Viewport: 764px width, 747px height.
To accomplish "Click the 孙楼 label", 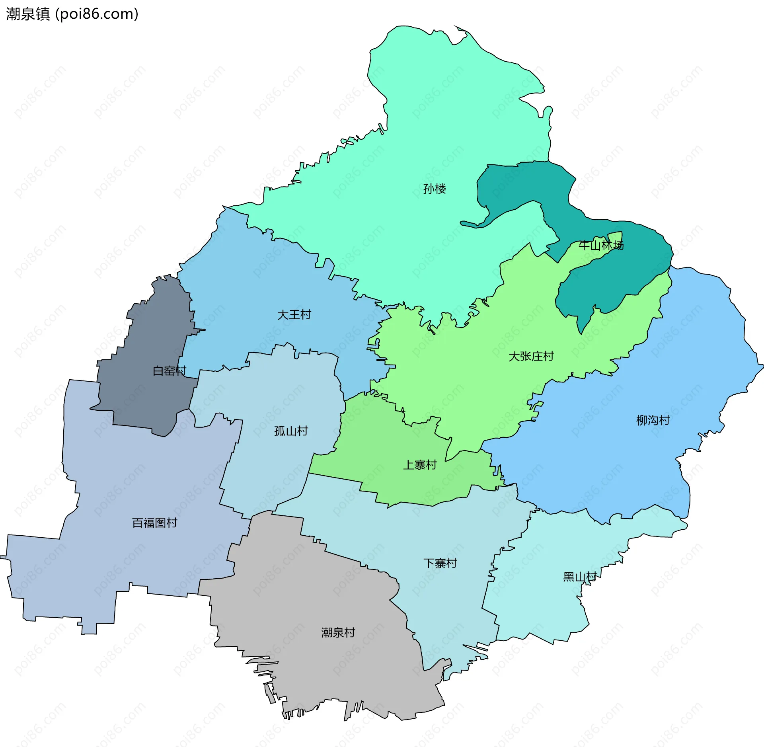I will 434,189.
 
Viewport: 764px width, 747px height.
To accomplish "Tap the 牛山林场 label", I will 601,245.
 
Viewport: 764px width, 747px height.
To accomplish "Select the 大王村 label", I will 294,315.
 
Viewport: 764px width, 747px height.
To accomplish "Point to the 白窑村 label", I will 170,371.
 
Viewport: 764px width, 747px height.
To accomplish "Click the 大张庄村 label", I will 531,356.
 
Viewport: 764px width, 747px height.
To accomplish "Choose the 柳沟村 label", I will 653,420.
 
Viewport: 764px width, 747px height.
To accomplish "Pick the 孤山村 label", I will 291,431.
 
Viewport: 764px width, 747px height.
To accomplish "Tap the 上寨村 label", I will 419,465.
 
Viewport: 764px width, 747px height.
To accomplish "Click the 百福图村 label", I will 154,523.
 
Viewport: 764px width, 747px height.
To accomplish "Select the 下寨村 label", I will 440,564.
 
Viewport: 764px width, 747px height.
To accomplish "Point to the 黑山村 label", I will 579,577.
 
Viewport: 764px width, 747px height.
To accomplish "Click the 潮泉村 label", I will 338,633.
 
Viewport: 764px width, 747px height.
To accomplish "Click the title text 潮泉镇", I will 28,14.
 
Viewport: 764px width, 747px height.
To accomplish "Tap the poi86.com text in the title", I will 97,14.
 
